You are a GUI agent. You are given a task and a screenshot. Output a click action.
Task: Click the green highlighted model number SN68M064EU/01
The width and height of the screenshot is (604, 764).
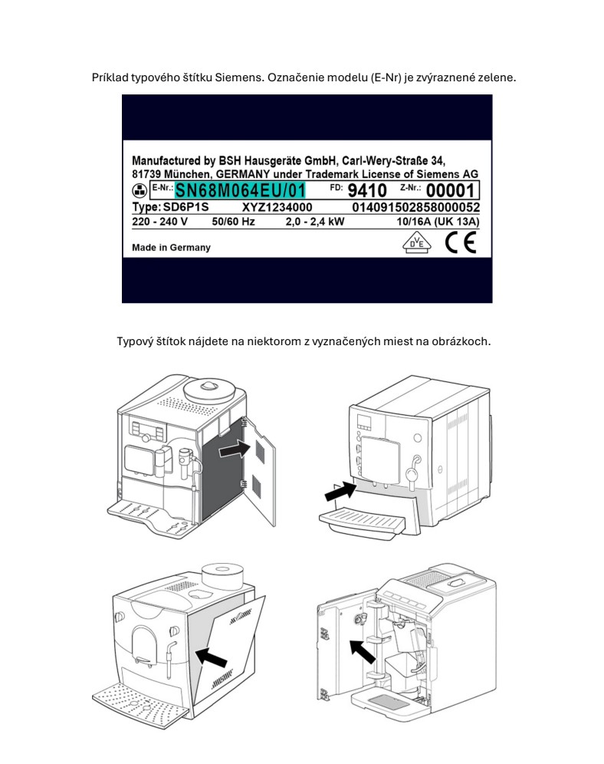click(x=241, y=190)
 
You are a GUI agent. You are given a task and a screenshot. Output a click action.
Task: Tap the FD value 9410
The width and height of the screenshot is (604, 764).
click(x=367, y=190)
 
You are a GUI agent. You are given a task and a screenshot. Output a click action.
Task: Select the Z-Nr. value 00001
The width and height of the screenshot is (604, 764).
click(x=450, y=190)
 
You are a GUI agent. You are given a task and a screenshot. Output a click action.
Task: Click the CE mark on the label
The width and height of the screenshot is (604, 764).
click(x=461, y=242)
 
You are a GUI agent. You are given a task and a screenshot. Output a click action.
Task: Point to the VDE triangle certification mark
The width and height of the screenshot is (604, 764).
click(x=417, y=242)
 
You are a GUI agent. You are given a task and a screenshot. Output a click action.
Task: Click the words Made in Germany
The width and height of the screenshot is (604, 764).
click(x=172, y=248)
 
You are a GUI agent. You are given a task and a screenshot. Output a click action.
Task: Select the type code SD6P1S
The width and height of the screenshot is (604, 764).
click(x=186, y=207)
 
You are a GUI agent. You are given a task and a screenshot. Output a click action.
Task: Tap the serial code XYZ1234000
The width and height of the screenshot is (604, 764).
click(x=277, y=208)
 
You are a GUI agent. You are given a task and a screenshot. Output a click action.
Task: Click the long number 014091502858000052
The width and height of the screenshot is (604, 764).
click(x=416, y=208)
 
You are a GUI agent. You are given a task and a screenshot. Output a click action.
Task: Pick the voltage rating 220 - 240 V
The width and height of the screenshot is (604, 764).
click(x=159, y=222)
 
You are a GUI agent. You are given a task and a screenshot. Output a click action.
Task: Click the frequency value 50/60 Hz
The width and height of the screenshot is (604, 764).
click(x=233, y=222)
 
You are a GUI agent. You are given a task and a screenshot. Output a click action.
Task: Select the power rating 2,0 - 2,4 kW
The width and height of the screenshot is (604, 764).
click(x=315, y=222)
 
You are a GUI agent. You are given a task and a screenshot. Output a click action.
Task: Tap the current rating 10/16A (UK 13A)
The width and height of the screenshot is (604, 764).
click(x=438, y=222)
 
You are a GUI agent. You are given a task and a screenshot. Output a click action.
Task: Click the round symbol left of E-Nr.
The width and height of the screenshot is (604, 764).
click(x=140, y=190)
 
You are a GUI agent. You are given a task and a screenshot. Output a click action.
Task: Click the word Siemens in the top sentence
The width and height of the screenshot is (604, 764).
click(x=238, y=77)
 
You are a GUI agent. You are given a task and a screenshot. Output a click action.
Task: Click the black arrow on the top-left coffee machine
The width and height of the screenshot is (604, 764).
click(x=235, y=449)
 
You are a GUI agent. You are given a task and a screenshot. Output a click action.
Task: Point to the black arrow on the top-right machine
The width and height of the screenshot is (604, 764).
click(x=340, y=491)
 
